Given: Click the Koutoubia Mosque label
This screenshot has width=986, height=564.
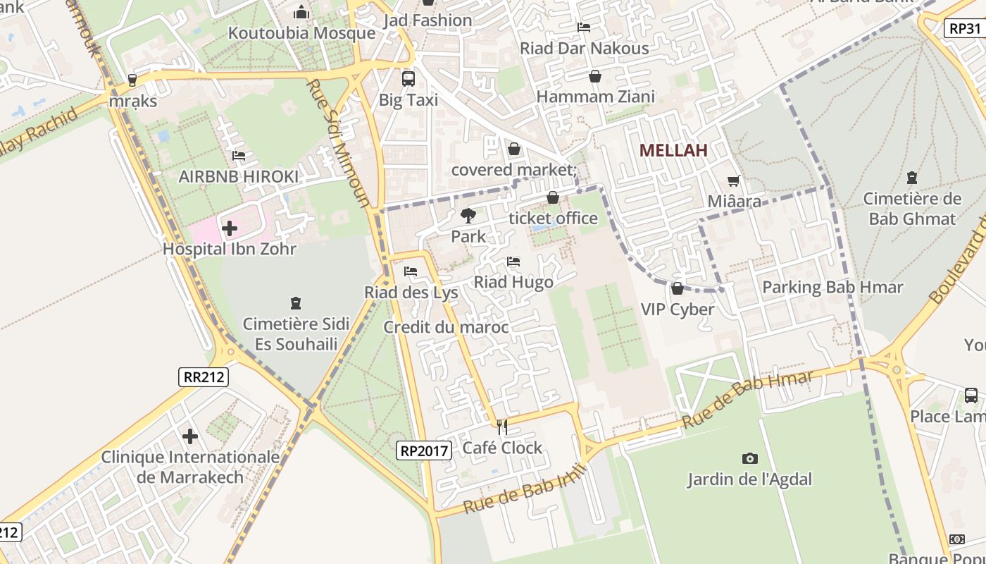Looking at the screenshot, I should [x=301, y=33].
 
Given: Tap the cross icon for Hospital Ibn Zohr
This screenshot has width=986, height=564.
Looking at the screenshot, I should [x=230, y=228].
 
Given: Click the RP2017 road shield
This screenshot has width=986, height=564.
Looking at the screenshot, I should [x=424, y=450].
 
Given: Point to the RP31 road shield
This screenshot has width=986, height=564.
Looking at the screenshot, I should [x=964, y=28].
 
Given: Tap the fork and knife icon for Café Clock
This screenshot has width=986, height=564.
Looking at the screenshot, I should [x=502, y=427].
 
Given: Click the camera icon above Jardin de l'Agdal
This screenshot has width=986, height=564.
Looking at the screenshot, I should [x=750, y=459].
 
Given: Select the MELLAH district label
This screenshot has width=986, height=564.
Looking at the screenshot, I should [x=673, y=150].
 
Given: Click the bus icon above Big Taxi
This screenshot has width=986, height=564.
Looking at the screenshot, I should [x=408, y=78].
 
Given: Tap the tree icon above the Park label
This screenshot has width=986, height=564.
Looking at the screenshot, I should [x=468, y=216].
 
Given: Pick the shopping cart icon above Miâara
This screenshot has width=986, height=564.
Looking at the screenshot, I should [x=734, y=181].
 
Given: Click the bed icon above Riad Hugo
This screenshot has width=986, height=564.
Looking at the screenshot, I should [x=513, y=262].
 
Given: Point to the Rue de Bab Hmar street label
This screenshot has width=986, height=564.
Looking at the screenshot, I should [x=747, y=398].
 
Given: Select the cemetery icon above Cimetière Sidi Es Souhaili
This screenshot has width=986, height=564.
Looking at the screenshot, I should [x=296, y=303].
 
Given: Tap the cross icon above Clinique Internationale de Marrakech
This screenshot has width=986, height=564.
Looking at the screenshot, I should [x=190, y=436].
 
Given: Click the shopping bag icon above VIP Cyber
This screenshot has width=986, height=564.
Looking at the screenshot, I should [x=677, y=288].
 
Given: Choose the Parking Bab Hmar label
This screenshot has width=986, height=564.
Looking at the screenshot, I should [x=832, y=288].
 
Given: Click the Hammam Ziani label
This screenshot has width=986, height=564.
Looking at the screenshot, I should [x=595, y=97].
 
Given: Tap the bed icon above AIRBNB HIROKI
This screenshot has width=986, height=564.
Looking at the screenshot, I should [x=239, y=156].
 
